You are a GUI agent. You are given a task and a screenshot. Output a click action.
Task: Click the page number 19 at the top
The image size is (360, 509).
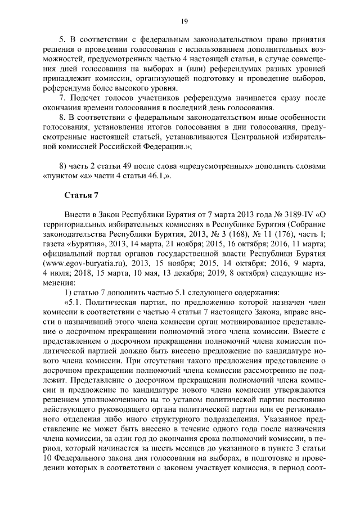click(x=184, y=21)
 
